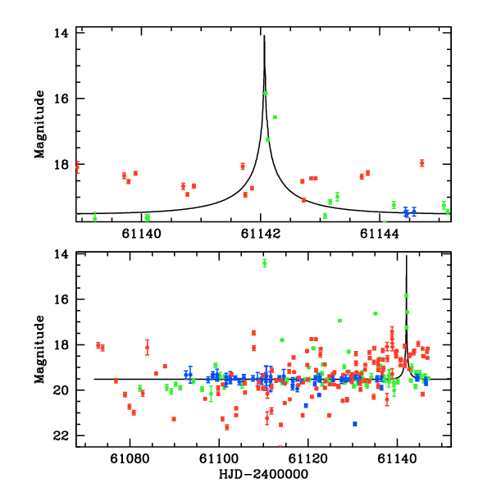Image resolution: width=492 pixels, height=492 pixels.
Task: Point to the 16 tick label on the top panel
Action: pos(59,98)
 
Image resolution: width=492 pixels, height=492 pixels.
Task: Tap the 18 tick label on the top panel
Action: pos(59,164)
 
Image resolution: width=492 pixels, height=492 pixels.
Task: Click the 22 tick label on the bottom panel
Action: pos(59,435)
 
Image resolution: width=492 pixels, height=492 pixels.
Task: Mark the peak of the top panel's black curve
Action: pos(264,35)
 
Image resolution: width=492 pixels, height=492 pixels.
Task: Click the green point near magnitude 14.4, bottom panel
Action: pos(265,263)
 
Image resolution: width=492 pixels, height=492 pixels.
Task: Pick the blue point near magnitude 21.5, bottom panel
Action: pos(355,424)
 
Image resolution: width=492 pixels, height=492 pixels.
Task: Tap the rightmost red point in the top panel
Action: pos(421,162)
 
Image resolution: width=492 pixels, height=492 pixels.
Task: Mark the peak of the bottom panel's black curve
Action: pos(407,257)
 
